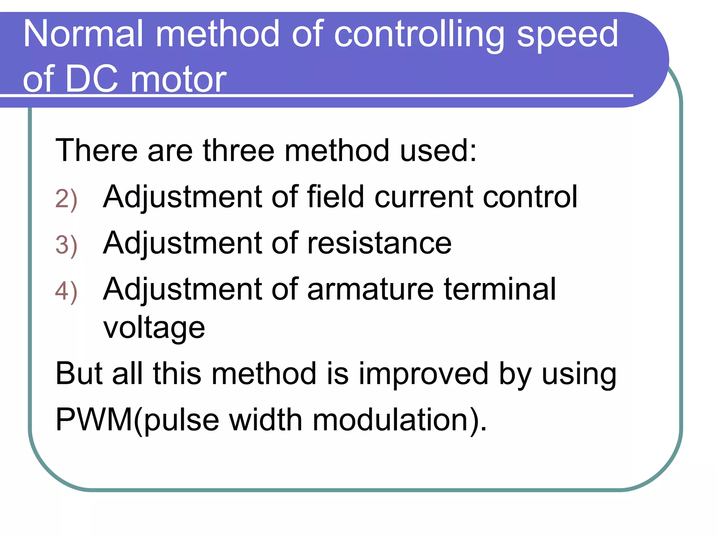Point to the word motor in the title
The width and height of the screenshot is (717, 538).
pyautogui.click(x=179, y=79)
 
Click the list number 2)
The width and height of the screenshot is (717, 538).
pyautogui.click(x=66, y=199)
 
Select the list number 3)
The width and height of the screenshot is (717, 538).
pyautogui.click(x=66, y=246)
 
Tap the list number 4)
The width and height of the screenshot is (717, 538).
pyautogui.click(x=66, y=291)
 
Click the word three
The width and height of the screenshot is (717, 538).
pyautogui.click(x=238, y=151)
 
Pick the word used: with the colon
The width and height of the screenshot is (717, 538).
pyautogui.click(x=438, y=151)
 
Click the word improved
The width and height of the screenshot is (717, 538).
pyautogui.click(x=423, y=374)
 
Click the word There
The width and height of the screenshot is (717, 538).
pyautogui.click(x=96, y=151)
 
